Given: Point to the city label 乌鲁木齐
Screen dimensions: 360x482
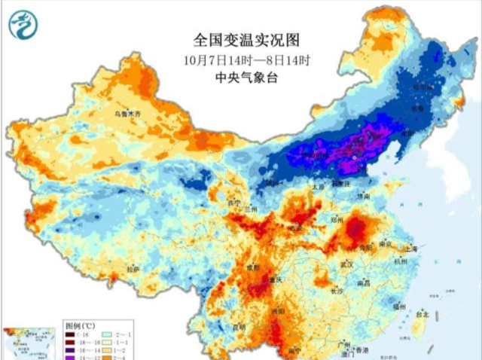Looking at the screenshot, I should point(127,114).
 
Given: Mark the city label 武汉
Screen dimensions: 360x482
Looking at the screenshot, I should point(346,265).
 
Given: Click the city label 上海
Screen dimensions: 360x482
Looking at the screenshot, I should point(410,248).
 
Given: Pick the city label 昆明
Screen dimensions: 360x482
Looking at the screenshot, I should point(239,327).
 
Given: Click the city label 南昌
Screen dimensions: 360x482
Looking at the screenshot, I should point(364,284).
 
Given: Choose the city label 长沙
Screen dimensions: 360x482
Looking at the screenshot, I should point(337,290).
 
